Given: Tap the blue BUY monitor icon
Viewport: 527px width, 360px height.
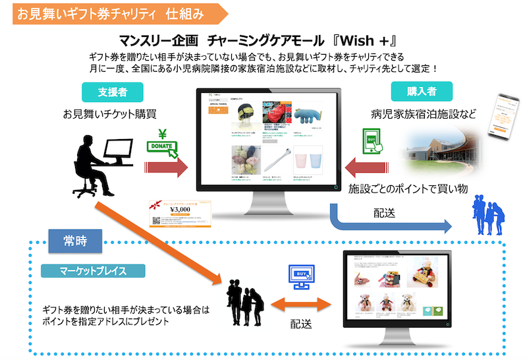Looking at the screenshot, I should (x=300, y=278).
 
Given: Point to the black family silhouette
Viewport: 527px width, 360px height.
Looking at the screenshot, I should (x=244, y=303).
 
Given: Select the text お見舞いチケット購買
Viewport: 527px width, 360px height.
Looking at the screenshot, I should (x=109, y=113).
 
